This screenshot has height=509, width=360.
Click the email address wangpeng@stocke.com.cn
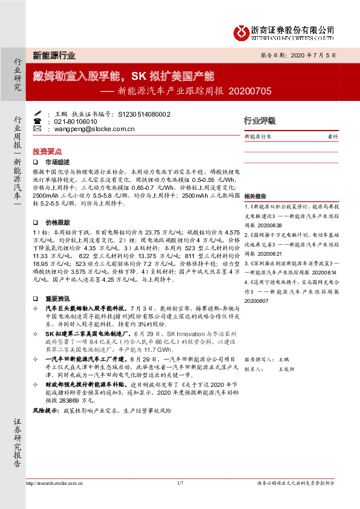click(x=90, y=129)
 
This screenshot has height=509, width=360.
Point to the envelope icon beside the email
click(x=38, y=129)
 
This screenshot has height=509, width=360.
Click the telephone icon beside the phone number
click(x=38, y=121)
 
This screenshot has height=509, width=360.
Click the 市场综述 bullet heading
click(x=58, y=161)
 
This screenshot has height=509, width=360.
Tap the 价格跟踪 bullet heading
click(x=58, y=222)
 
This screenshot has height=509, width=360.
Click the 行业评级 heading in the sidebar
click(x=260, y=120)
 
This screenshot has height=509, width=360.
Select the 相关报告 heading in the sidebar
click(x=255, y=196)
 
